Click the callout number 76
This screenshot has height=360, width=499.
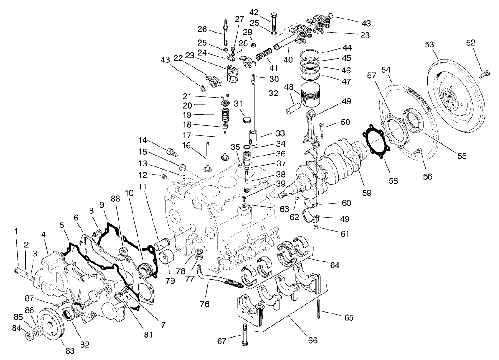[x=205, y=304]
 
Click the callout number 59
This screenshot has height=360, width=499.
[x=366, y=192]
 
